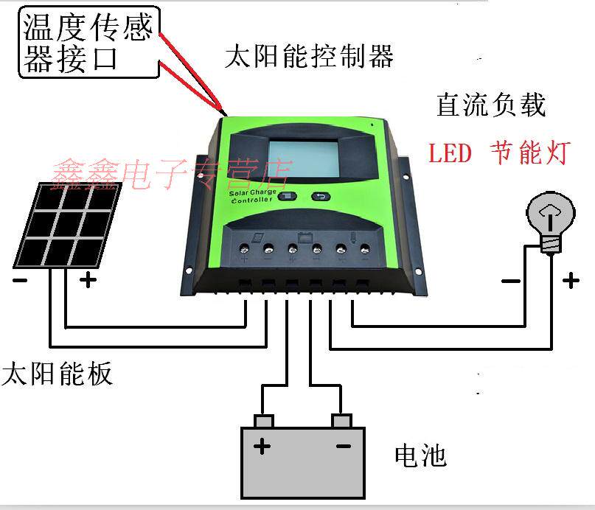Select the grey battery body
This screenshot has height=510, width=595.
pyautogui.click(x=303, y=461)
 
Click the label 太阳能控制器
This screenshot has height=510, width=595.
pyautogui.click(x=309, y=57)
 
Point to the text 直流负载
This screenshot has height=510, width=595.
pyautogui.click(x=490, y=105)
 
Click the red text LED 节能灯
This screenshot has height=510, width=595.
pyautogui.click(x=499, y=154)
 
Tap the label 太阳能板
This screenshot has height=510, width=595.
pyautogui.click(x=58, y=373)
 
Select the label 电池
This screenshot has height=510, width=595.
pyautogui.click(x=420, y=456)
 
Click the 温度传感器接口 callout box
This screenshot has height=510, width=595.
pyautogui.click(x=88, y=42)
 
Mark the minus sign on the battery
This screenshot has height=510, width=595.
pyautogui.click(x=343, y=446)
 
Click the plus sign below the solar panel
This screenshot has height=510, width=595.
pyautogui.click(x=88, y=280)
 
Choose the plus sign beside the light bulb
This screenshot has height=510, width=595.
pyautogui.click(x=571, y=280)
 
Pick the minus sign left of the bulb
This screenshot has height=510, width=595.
pyautogui.click(x=509, y=281)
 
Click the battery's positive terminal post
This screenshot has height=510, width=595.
pyautogui.click(x=263, y=421)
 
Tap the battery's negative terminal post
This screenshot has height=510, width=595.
pyautogui.click(x=341, y=421)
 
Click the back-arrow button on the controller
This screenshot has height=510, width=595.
pyautogui.click(x=321, y=196)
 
